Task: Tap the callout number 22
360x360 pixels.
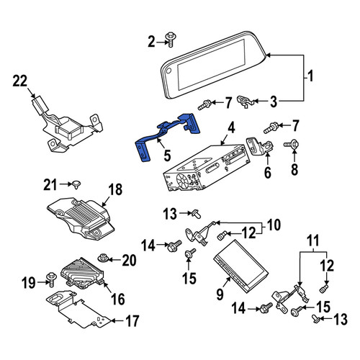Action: tap(20, 81)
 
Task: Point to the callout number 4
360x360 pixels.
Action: tap(231, 128)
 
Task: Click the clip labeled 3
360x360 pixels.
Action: tap(244, 102)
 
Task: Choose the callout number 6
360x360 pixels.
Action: tap(268, 172)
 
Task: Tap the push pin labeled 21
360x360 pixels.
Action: tap(76, 185)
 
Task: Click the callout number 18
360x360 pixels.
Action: tap(115, 189)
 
